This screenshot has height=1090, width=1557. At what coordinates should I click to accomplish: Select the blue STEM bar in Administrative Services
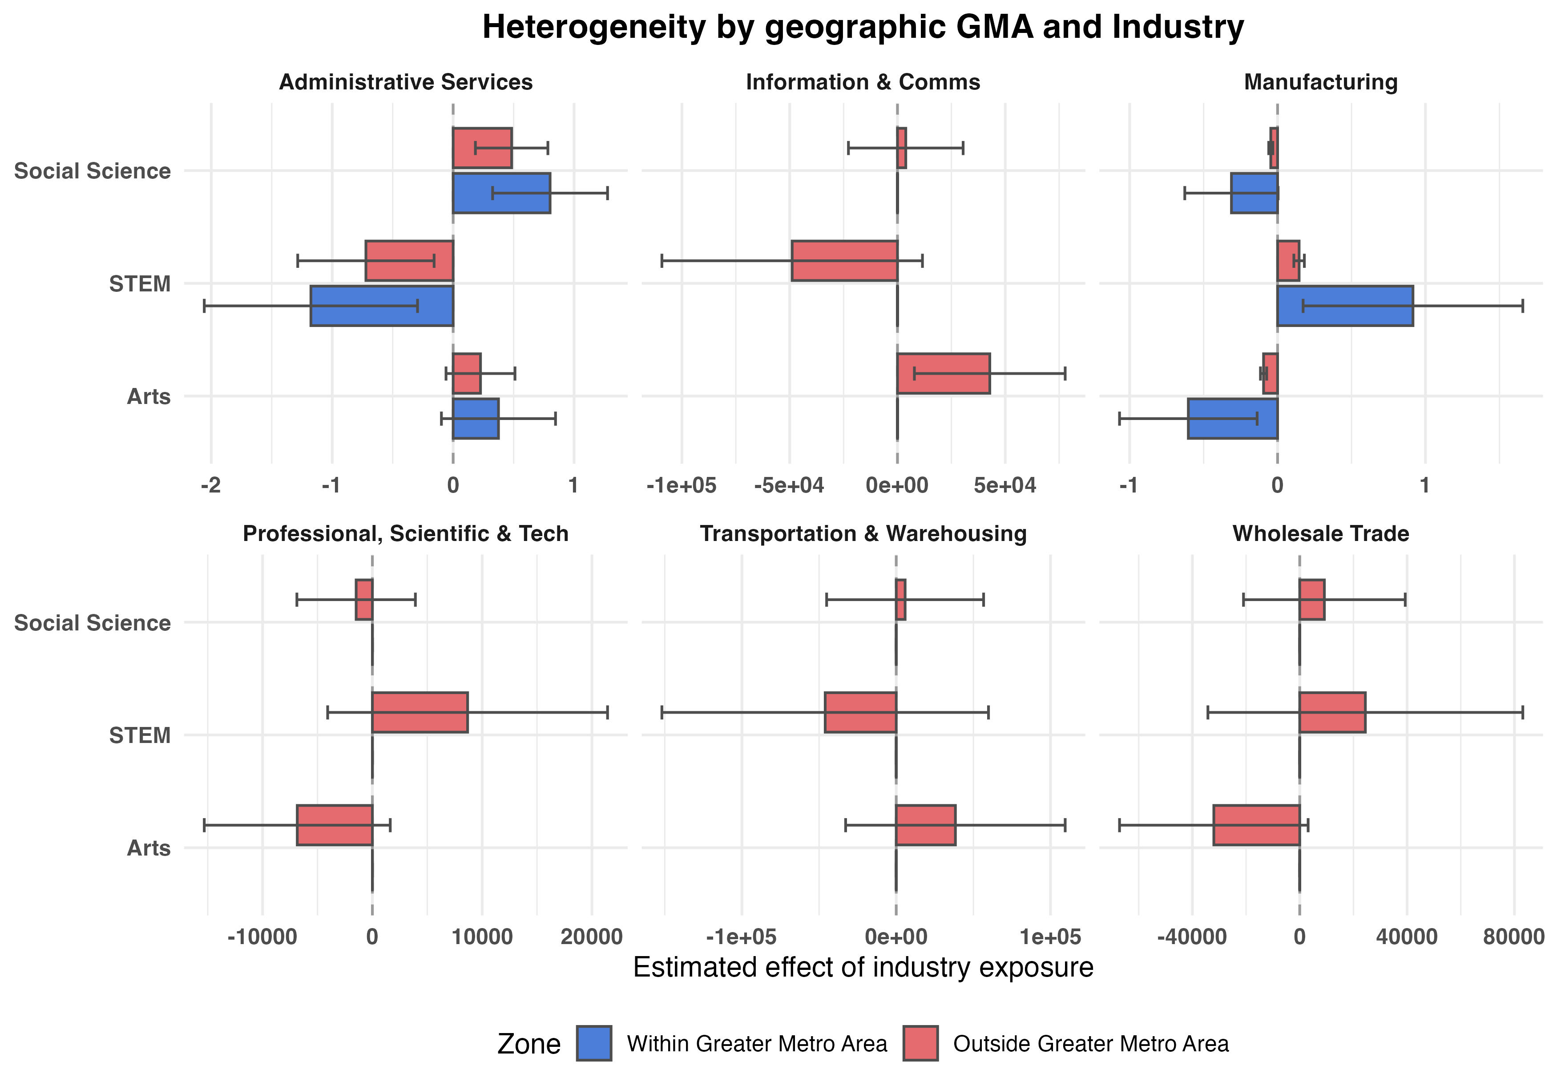point(382,306)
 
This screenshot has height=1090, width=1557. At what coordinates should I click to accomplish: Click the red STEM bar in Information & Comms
point(844,260)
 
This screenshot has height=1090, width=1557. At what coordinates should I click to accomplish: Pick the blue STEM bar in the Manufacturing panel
point(1345,306)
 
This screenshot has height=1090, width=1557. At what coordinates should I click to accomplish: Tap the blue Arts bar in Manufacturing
point(1232,419)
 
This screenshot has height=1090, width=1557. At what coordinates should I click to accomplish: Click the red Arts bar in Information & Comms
point(943,373)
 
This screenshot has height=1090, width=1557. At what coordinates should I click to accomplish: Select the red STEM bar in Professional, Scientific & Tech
point(420,712)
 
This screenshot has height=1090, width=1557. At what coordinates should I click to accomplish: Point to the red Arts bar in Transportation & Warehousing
point(926,825)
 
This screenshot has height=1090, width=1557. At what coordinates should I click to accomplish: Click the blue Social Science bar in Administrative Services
point(501,194)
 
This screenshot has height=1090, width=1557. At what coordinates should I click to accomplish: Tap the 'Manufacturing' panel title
point(1320,82)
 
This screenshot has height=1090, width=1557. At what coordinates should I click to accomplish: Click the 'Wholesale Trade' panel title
point(1320,534)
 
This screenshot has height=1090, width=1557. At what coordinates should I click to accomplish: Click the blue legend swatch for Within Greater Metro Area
point(594,1043)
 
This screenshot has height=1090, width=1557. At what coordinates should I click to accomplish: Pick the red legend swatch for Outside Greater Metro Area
point(920,1043)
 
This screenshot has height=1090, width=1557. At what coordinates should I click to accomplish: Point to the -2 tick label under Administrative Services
point(210,486)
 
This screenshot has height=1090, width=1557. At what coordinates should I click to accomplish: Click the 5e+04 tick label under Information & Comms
point(1005,486)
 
